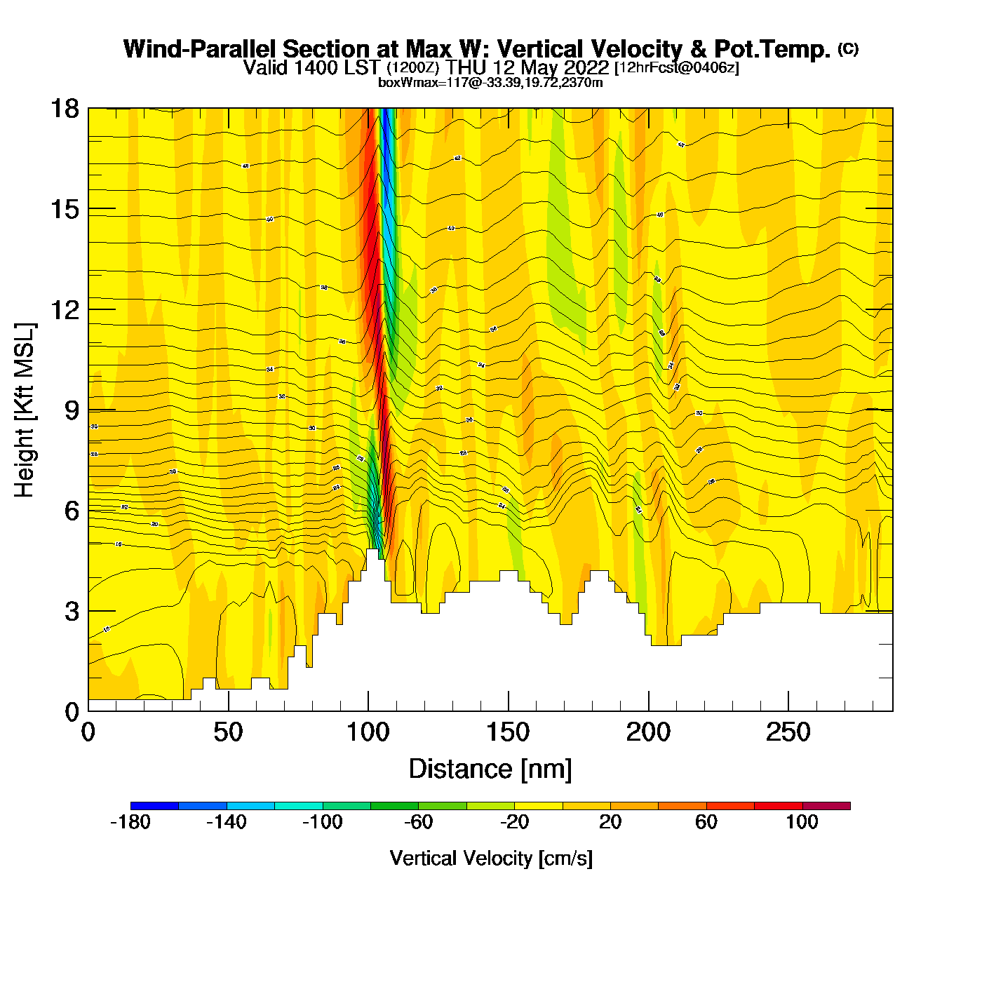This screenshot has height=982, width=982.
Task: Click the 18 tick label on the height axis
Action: pos(64,109)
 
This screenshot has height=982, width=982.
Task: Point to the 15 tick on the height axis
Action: pos(64,209)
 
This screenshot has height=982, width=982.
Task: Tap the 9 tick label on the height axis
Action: pos(72,410)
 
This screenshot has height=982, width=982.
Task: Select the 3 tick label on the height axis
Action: pos(72,612)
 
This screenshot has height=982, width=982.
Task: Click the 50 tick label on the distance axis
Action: pos(228,733)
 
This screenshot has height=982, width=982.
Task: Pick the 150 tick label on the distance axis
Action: pos(508,733)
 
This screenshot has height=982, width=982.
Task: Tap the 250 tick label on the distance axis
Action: pos(788,733)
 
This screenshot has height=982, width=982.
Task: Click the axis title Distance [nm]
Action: pos(490,769)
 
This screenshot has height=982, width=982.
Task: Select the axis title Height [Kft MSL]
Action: pos(25,410)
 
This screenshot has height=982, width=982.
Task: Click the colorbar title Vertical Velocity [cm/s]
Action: pos(491,858)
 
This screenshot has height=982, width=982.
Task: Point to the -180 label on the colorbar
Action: pos(130,822)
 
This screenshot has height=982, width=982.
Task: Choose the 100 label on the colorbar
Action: pos(802,822)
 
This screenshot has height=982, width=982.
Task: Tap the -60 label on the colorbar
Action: pos(418,822)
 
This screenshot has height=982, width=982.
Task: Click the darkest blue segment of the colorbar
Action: pos(154,806)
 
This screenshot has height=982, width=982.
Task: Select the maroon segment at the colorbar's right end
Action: pos(826,806)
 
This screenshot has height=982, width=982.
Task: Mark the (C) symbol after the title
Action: pos(848,48)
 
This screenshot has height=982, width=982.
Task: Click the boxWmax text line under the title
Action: pos(490,82)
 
